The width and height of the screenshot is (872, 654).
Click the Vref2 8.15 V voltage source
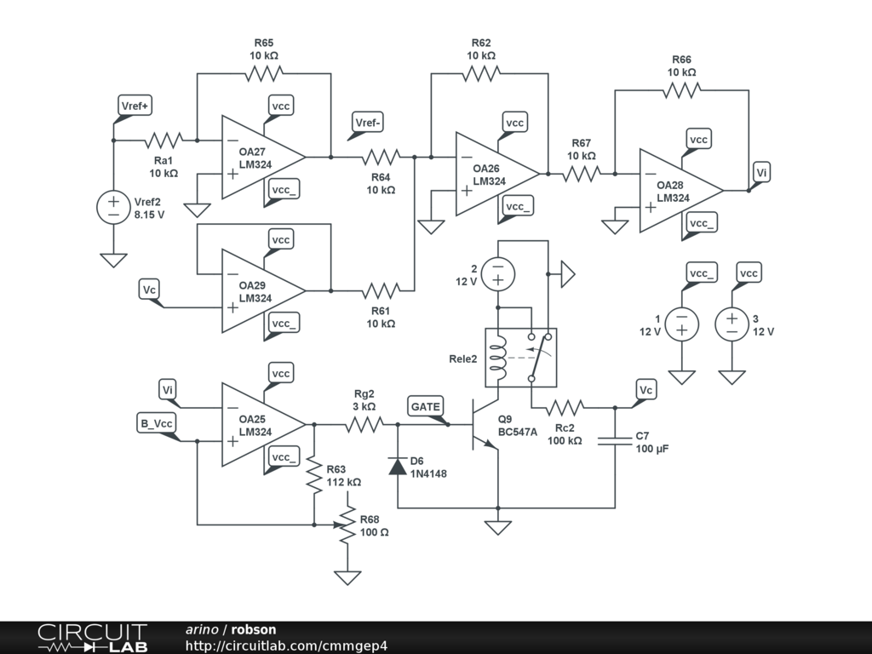(x=113, y=208)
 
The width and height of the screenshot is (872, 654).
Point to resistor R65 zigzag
(x=263, y=74)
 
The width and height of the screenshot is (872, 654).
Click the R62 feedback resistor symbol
(x=480, y=74)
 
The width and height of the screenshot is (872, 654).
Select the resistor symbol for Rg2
(x=364, y=424)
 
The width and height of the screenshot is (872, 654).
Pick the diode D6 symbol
(x=398, y=466)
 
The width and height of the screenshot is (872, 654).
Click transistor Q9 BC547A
(x=482, y=431)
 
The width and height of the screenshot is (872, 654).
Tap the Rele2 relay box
(x=519, y=357)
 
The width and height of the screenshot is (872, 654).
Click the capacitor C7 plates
(x=616, y=441)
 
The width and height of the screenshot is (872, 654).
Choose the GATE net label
(x=425, y=407)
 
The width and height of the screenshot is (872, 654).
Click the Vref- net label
(x=368, y=123)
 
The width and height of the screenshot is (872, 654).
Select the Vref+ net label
(x=134, y=106)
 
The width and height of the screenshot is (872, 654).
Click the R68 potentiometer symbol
(x=347, y=525)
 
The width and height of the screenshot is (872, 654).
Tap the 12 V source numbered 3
(x=731, y=324)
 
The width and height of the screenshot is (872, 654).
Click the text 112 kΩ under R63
(x=343, y=482)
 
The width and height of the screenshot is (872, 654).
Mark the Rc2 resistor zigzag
(x=565, y=406)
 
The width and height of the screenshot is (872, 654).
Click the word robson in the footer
(x=254, y=629)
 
